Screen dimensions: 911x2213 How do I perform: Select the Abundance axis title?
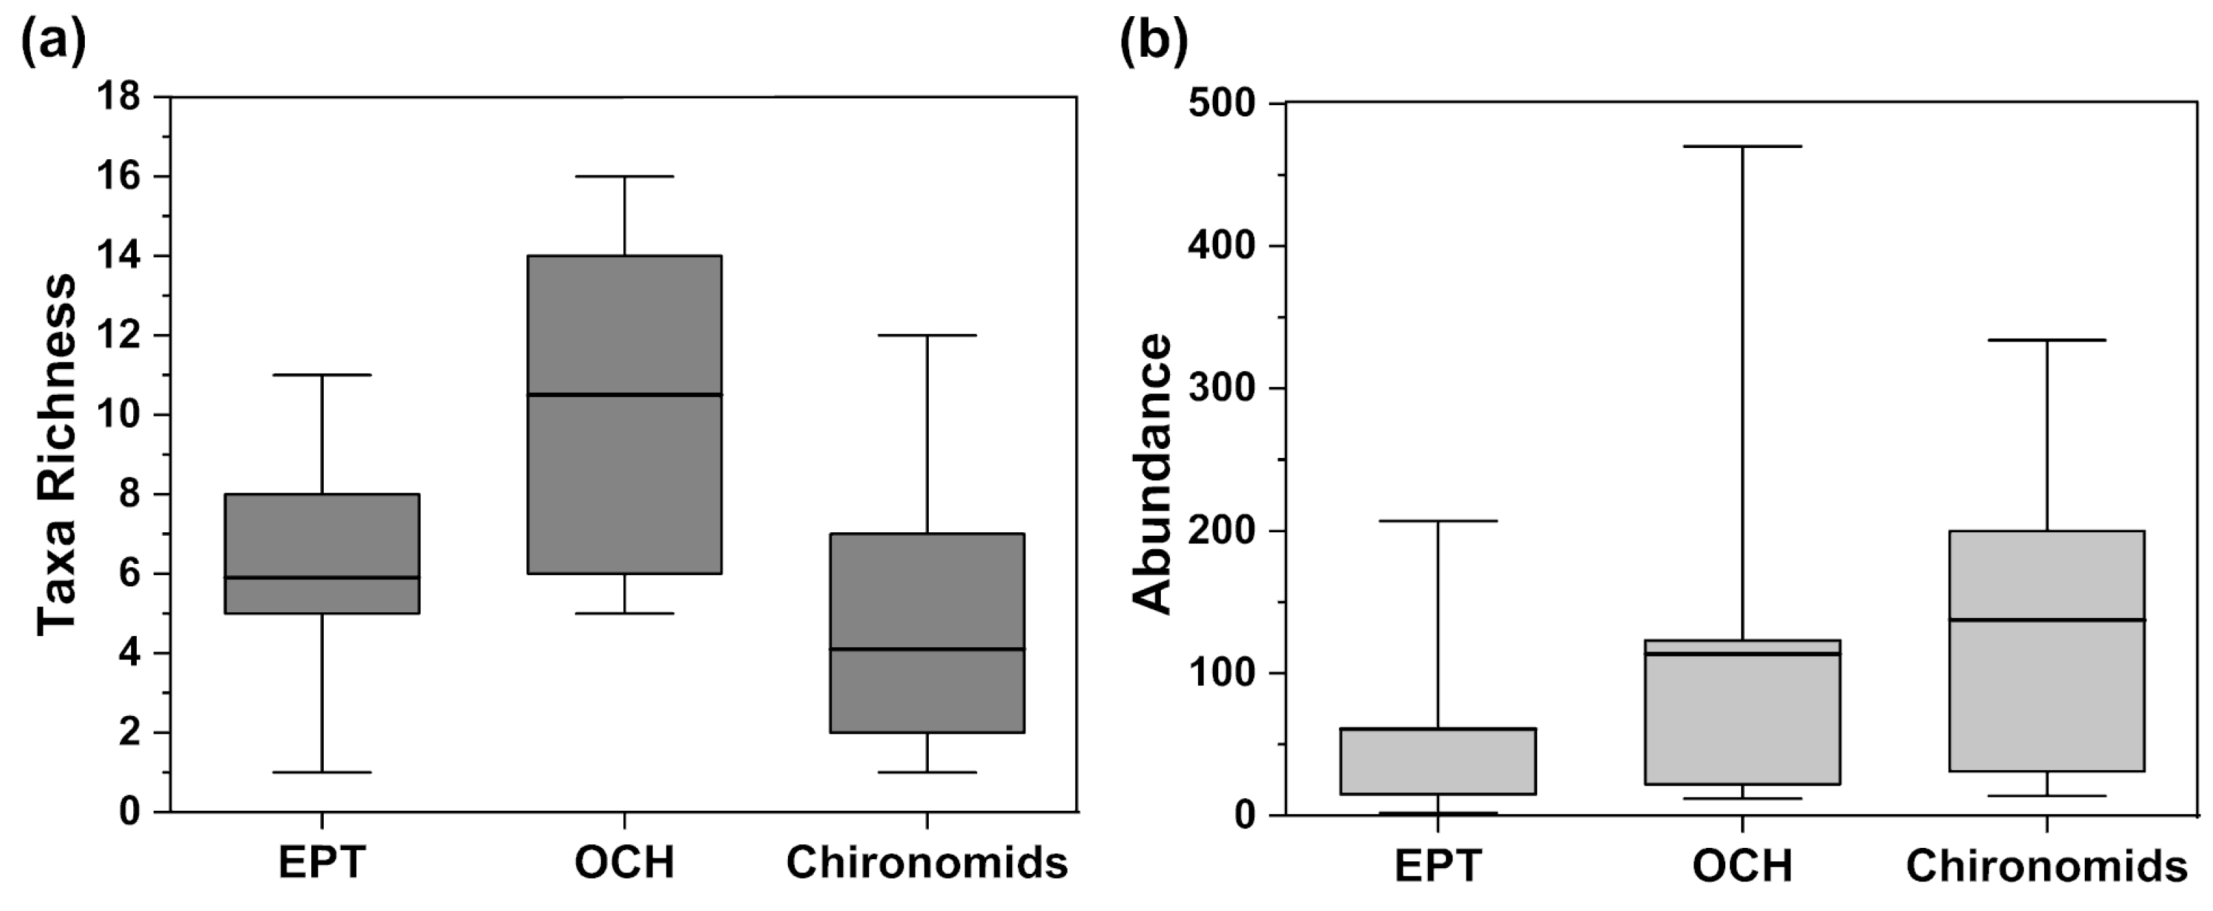point(1151,473)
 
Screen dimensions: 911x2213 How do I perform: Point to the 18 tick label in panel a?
point(118,96)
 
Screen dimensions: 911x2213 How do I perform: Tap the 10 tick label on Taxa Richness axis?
point(118,415)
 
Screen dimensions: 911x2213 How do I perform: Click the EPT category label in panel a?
point(322,863)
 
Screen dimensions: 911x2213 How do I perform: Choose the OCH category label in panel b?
point(1742,866)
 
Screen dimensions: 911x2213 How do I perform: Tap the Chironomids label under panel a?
point(927,863)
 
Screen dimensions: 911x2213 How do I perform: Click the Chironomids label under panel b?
point(2046,866)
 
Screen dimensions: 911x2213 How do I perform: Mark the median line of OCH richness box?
point(625,394)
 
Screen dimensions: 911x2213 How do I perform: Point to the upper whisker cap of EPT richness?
point(322,374)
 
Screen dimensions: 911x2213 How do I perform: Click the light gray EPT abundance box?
point(1438,762)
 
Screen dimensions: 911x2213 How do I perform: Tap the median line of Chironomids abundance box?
point(2046,620)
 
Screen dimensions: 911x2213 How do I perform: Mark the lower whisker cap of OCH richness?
point(625,614)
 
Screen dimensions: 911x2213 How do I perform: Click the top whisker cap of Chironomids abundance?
point(2046,340)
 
